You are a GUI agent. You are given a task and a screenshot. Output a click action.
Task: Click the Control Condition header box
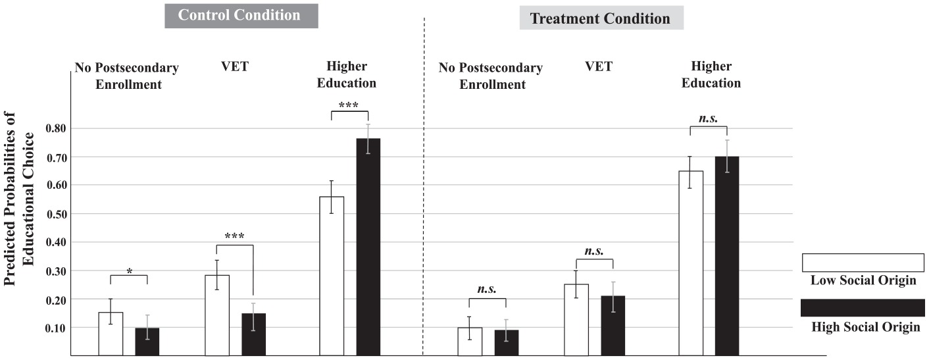(241, 16)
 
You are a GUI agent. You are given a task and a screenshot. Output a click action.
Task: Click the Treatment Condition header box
(601, 18)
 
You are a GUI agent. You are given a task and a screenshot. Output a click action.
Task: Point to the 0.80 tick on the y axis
(56, 128)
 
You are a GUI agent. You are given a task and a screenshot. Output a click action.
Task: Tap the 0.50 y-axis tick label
(56, 214)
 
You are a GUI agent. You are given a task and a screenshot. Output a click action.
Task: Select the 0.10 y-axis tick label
(56, 328)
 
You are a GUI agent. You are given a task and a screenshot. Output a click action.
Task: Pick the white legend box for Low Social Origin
(863, 263)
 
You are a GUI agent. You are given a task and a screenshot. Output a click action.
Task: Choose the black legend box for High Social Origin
(863, 308)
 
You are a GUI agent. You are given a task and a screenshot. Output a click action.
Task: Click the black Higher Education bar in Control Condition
(368, 247)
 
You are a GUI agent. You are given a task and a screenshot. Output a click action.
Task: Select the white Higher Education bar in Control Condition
(332, 276)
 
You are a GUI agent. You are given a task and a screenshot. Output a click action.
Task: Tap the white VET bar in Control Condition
(217, 315)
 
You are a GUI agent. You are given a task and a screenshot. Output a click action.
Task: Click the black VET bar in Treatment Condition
(613, 326)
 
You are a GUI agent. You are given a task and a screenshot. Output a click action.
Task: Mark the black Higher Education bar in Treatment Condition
(727, 256)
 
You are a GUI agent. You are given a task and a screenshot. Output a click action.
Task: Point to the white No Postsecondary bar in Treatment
(470, 342)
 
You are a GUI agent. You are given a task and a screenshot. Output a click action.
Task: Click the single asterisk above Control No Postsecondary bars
(130, 271)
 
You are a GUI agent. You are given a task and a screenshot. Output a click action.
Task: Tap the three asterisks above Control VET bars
(234, 236)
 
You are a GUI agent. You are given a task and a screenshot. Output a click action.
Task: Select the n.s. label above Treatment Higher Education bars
(708, 118)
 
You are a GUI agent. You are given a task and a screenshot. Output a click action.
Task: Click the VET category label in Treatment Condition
(599, 66)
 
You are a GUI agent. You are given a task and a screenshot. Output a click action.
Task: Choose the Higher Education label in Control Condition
(347, 74)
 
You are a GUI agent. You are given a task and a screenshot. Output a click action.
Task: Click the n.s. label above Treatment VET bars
(594, 251)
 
